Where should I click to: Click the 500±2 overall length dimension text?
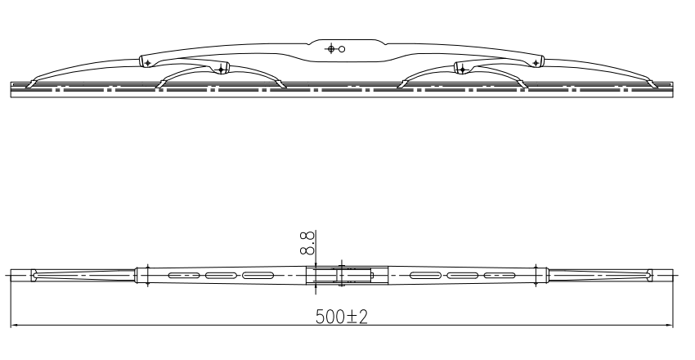pyautogui.click(x=341, y=317)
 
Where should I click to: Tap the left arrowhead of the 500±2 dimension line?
pyautogui.click(x=14, y=326)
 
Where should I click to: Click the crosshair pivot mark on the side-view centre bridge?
pyautogui.click(x=331, y=49)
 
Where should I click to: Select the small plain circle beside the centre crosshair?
pyautogui.click(x=342, y=49)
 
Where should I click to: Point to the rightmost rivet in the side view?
pyautogui.click(x=536, y=62)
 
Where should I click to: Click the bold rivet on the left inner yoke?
pyautogui.click(x=220, y=69)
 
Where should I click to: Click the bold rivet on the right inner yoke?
pyautogui.click(x=462, y=69)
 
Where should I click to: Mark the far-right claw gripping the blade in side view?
pyautogui.click(x=653, y=81)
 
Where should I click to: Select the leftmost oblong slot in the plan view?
pyautogui.click(x=183, y=276)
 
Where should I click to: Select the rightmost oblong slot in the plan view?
pyautogui.click(x=500, y=276)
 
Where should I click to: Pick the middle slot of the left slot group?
pyautogui.click(x=219, y=276)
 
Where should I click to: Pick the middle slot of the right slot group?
pyautogui.click(x=463, y=276)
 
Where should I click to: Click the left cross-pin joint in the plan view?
pyautogui.click(x=147, y=276)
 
